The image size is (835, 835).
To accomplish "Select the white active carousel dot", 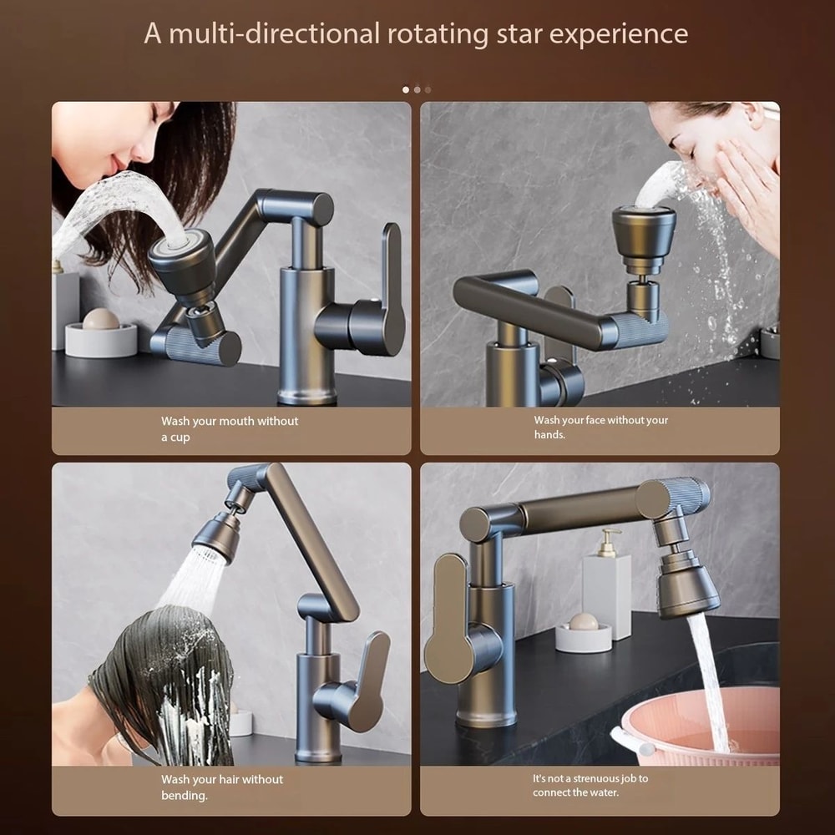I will coord(406,89).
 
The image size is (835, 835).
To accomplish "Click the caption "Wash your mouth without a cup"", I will coord(229,429).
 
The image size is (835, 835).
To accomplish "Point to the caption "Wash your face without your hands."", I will coord(600,428).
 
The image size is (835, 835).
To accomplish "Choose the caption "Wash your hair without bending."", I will coord(221,787).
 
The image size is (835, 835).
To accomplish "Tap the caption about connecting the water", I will coord(590,785).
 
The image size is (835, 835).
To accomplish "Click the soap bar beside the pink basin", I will coord(584,622).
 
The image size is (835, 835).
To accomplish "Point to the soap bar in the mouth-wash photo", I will coord(101,319).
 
